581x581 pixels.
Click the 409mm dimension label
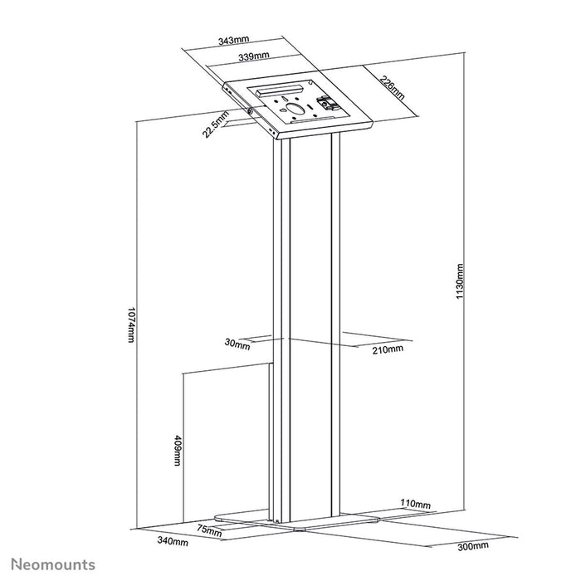(x=178, y=451)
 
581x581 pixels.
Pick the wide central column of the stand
(x=310, y=332)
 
